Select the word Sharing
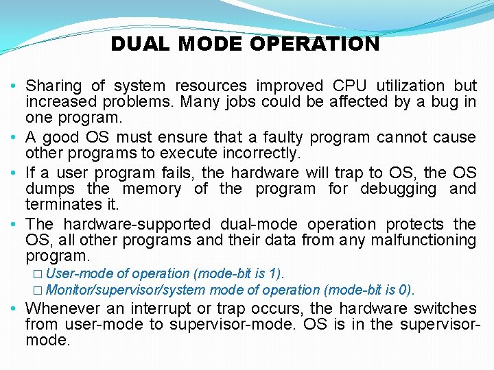click(x=54, y=86)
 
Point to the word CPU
click(x=349, y=86)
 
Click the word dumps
click(x=47, y=188)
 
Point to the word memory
click(x=150, y=188)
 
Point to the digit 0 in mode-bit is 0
click(x=406, y=290)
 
